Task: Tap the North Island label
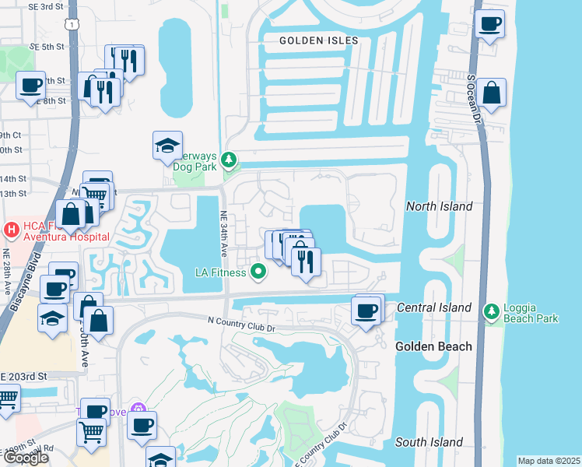(x=439, y=206)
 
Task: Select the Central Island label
(x=434, y=307)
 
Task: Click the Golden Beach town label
(x=433, y=346)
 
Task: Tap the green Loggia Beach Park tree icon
(x=491, y=312)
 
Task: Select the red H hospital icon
(x=12, y=230)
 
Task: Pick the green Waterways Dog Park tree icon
(x=228, y=161)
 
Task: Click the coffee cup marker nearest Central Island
(x=367, y=311)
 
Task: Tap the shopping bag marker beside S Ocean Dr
(x=492, y=93)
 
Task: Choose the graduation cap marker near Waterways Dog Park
(x=167, y=146)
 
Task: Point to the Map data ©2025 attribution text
(x=549, y=461)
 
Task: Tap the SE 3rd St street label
(x=47, y=7)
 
